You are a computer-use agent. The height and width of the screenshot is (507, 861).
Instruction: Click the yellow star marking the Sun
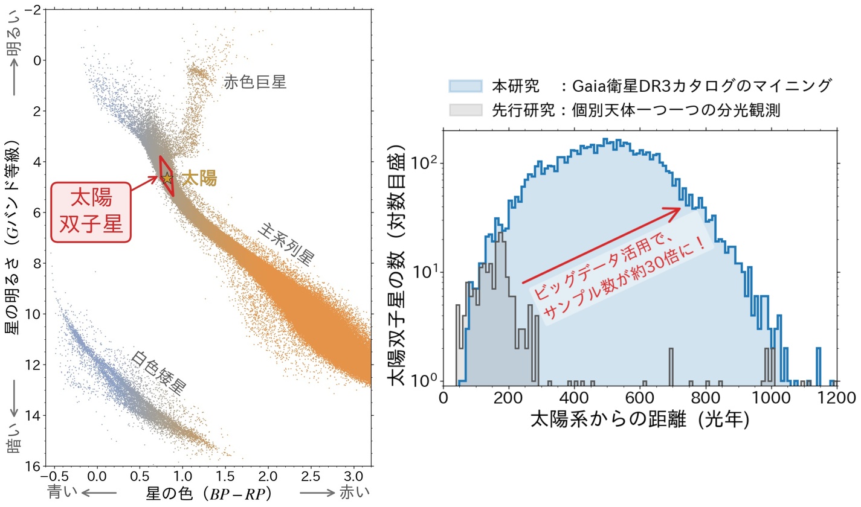[x=167, y=178]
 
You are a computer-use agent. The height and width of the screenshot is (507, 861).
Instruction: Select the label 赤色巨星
[x=254, y=82]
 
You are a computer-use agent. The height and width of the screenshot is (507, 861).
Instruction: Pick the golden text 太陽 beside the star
[x=199, y=179]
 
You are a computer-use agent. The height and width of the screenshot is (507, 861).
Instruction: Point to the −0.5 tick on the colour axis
[x=55, y=477]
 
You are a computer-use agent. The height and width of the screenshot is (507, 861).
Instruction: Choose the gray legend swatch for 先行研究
[x=465, y=110]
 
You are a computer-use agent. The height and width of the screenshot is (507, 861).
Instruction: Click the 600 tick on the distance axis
[x=640, y=399]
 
